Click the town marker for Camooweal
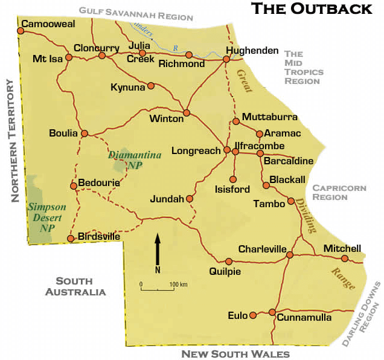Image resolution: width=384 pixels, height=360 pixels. pyautogui.click(x=21, y=30)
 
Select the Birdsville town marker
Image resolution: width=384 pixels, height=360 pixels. pyautogui.click(x=71, y=239)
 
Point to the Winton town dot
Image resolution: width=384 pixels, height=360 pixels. pyautogui.click(x=187, y=112)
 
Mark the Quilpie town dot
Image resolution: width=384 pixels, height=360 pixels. pyautogui.click(x=229, y=261)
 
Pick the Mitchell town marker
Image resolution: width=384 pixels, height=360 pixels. pyautogui.click(x=345, y=259)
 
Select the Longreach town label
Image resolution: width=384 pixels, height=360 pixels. pyautogui.click(x=196, y=150)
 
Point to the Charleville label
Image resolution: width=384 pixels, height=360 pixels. pyautogui.click(x=261, y=249)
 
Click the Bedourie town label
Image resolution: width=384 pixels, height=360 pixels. pyautogui.click(x=99, y=182)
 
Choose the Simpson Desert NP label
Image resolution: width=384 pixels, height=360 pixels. pyautogui.click(x=46, y=217)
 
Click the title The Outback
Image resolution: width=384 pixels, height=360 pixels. pyautogui.click(x=312, y=8)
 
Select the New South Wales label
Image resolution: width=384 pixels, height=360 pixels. pyautogui.click(x=235, y=354)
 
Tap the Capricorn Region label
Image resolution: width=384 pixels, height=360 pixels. pyautogui.click(x=339, y=192)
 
